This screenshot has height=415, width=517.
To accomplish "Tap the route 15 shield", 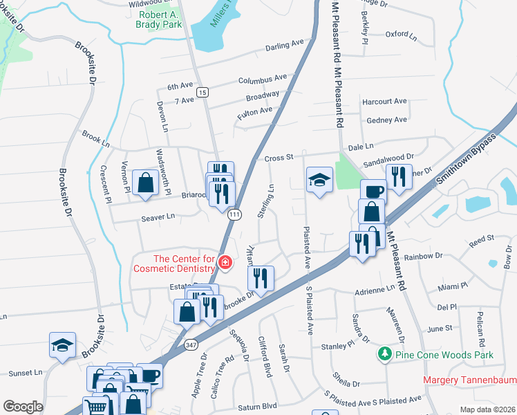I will tap(202, 92).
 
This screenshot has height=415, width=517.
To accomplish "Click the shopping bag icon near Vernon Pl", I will tap(146, 183).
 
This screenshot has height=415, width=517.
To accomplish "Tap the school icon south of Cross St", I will tap(319, 181).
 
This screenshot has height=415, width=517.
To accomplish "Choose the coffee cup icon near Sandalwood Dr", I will tap(373, 192).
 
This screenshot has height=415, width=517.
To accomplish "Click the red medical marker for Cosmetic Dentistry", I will tap(225, 262).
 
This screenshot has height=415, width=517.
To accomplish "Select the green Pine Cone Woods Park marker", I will tap(386, 355).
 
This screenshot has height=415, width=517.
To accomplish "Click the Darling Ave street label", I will tap(285, 46).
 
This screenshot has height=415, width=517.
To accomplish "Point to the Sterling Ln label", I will tap(265, 201).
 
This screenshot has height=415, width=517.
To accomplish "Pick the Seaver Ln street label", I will tap(158, 216).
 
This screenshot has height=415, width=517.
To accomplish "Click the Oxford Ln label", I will tap(402, 33).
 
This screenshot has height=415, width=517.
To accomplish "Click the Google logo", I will tap(23, 407).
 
